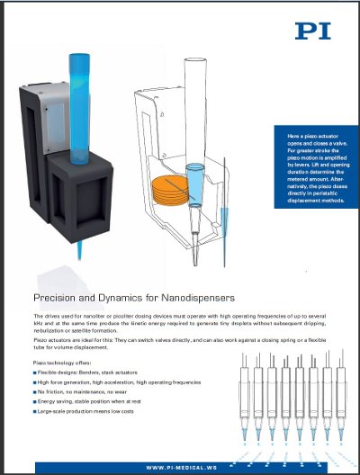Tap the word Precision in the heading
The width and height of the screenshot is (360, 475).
tap(57, 298)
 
